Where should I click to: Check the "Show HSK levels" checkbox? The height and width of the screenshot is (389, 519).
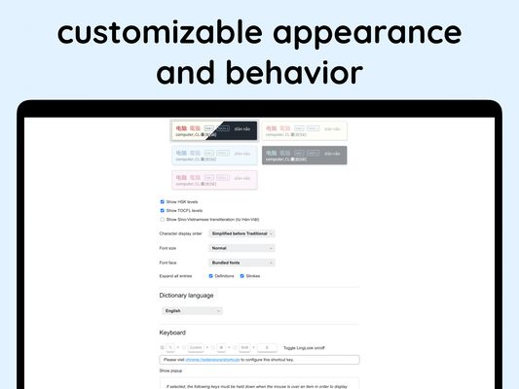click(x=162, y=202)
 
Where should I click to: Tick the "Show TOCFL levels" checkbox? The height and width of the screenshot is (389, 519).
click(x=162, y=210)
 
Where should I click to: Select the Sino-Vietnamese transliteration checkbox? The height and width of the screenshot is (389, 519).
click(x=162, y=219)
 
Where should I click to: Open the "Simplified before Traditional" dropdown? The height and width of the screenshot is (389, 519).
click(x=242, y=233)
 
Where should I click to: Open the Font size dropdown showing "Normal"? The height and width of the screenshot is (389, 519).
click(x=242, y=248)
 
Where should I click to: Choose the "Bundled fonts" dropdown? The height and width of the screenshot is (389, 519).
click(x=242, y=263)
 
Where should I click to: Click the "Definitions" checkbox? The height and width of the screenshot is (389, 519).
click(x=211, y=276)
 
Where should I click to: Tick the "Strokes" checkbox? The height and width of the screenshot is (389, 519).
click(x=241, y=276)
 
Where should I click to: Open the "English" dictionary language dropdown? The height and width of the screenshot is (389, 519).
click(x=192, y=311)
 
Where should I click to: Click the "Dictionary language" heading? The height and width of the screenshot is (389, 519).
click(x=186, y=296)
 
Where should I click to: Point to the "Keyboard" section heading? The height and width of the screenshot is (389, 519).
click(x=172, y=333)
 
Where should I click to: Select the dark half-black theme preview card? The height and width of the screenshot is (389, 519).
click(x=213, y=130)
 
